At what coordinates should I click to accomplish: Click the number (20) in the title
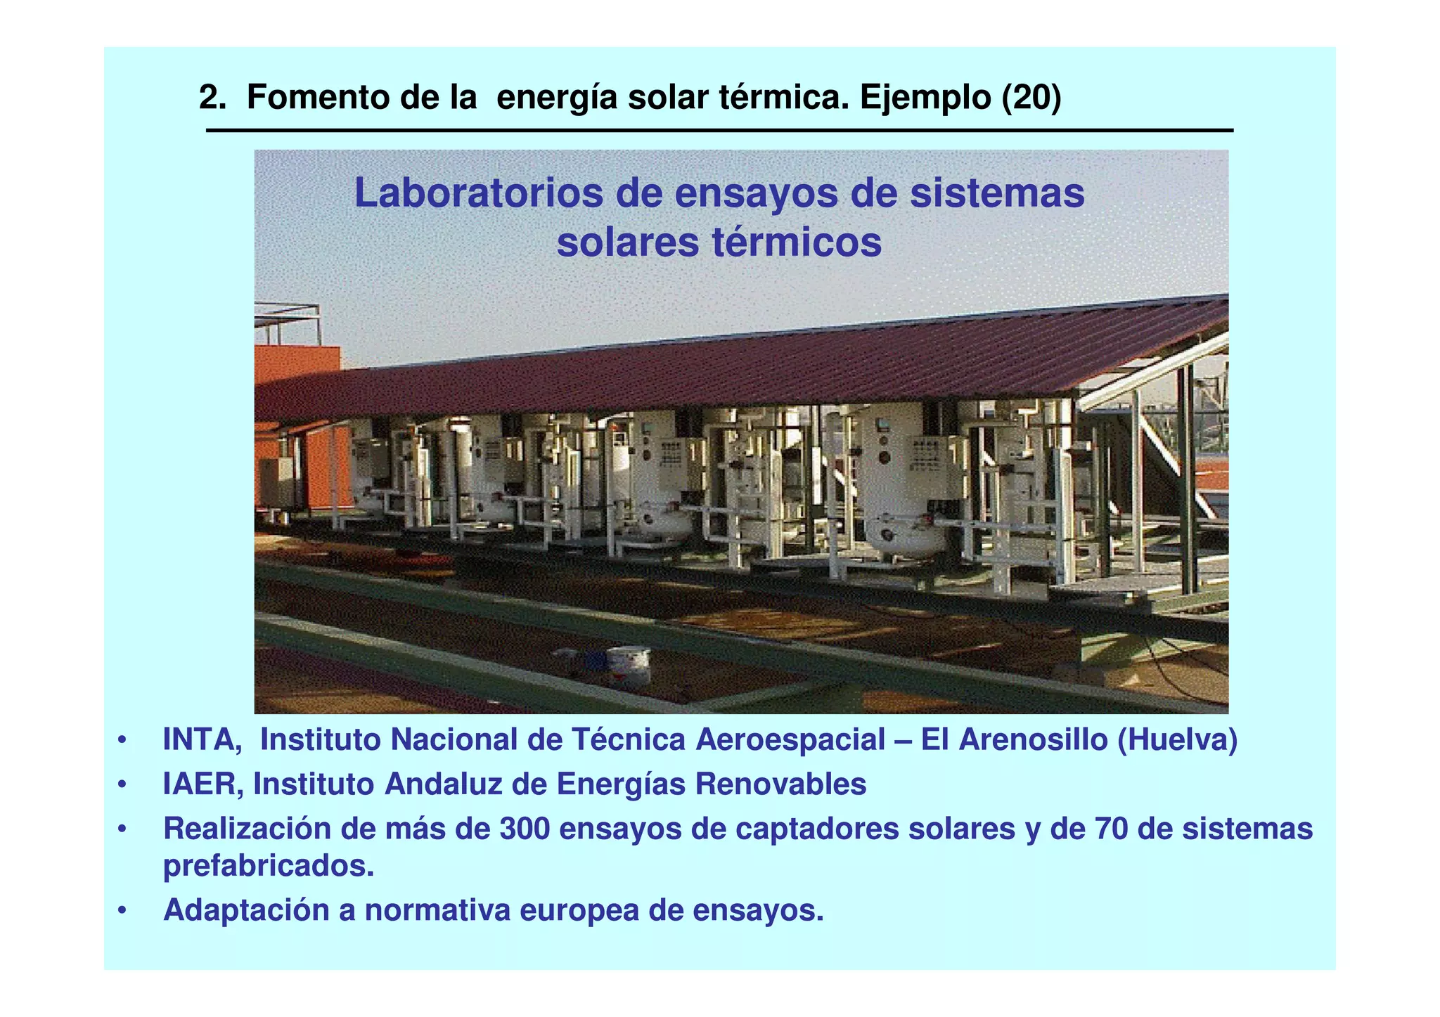click(1031, 98)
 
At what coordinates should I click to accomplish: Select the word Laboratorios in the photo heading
click(478, 193)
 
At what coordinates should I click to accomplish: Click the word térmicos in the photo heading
click(797, 242)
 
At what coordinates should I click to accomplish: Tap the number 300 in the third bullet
click(524, 829)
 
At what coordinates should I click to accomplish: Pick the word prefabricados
click(268, 866)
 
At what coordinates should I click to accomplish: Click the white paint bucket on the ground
click(628, 666)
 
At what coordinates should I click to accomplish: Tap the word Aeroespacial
click(790, 740)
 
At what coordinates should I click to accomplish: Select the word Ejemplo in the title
click(925, 98)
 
